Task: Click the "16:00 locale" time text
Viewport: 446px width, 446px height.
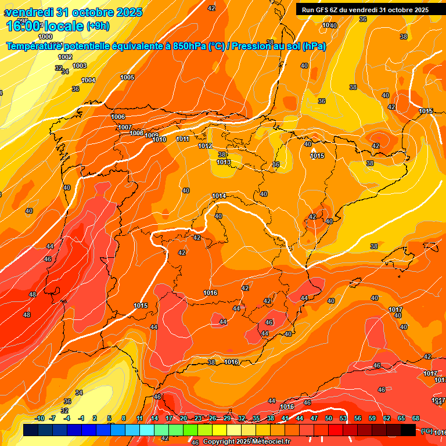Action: [45, 26]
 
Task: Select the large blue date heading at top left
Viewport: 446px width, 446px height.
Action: [73, 12]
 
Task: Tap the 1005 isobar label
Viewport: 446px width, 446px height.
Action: [127, 77]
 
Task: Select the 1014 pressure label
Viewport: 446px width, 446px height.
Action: [219, 196]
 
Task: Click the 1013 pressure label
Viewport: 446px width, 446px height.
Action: [224, 162]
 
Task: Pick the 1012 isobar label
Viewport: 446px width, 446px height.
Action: [205, 146]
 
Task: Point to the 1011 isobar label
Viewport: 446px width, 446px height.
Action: [183, 139]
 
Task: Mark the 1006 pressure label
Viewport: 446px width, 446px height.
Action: [118, 117]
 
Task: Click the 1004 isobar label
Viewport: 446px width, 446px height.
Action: [88, 80]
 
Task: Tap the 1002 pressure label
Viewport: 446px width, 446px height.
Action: [65, 57]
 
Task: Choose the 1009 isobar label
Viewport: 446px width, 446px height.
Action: [152, 135]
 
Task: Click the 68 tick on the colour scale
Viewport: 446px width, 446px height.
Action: [416, 418]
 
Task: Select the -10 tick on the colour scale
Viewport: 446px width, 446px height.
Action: [39, 418]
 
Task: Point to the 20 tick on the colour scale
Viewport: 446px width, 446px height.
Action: [184, 418]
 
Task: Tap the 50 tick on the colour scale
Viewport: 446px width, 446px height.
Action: [329, 418]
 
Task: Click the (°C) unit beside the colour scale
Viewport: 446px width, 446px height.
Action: [427, 431]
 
